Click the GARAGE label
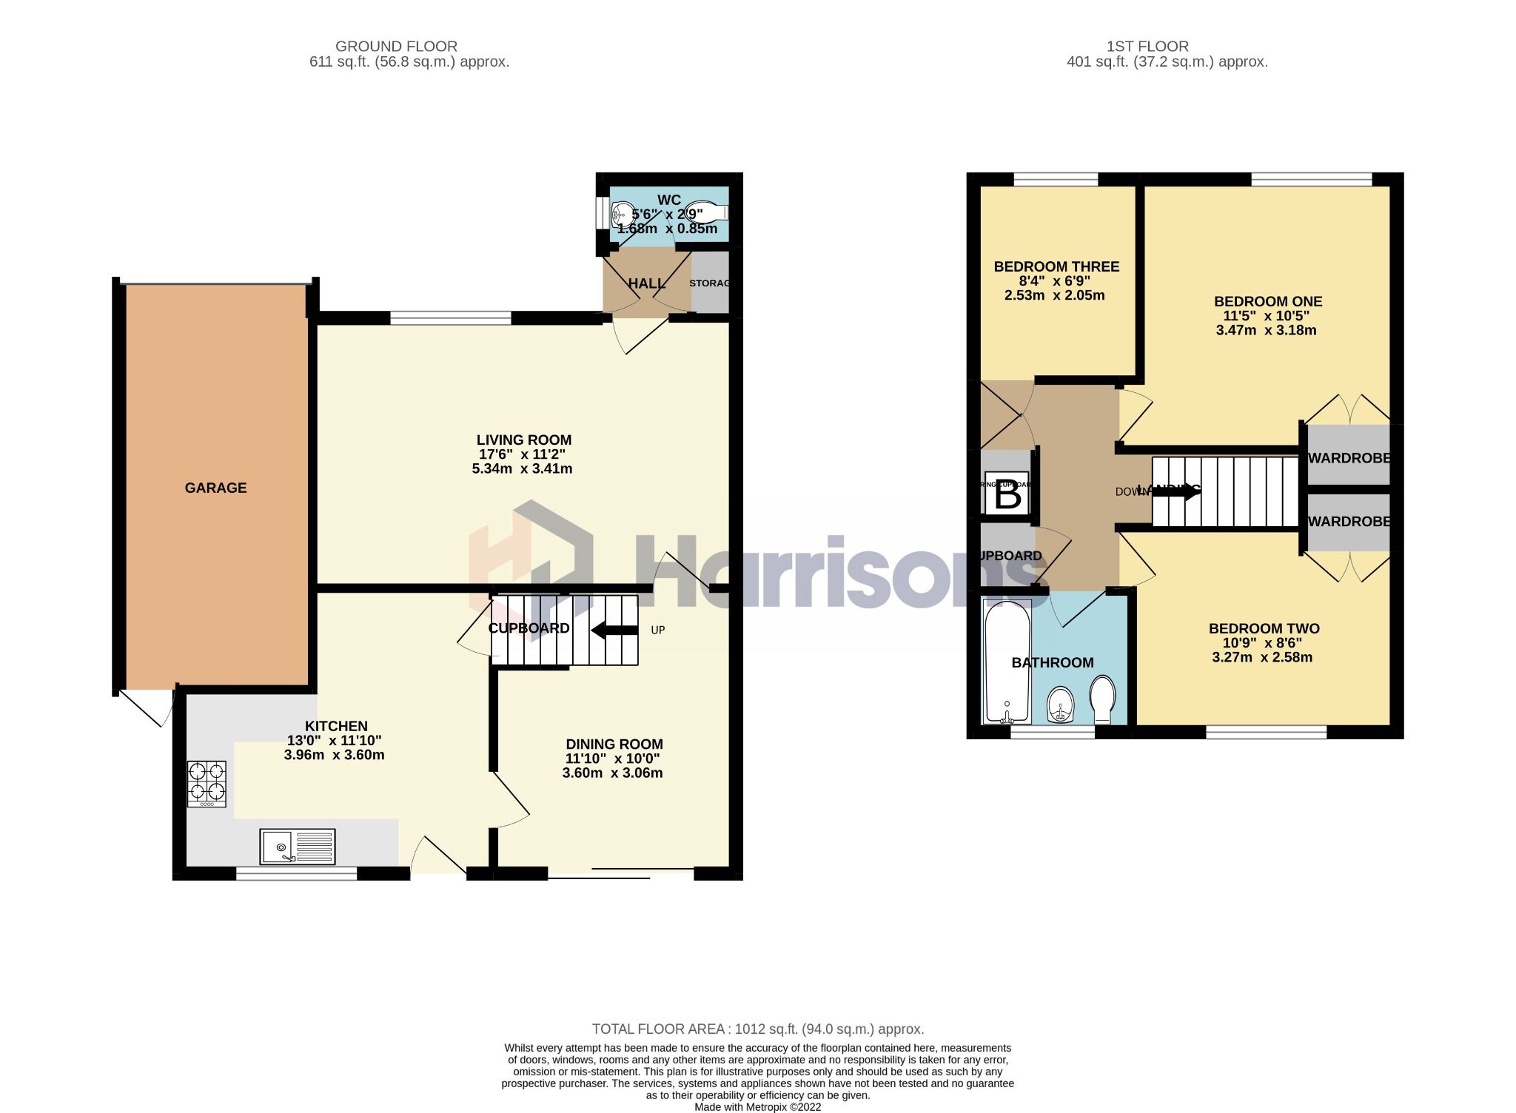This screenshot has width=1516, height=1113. (215, 488)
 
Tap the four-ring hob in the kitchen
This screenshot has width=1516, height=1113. (207, 784)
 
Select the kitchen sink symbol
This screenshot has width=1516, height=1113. (297, 847)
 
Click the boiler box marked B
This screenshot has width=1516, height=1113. (1007, 494)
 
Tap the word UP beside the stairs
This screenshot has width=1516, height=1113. (657, 631)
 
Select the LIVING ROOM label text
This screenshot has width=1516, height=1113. (523, 440)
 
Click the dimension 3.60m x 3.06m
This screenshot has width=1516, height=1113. (612, 773)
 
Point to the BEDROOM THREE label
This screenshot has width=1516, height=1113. (1056, 266)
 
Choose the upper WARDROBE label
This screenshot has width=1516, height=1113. (1348, 458)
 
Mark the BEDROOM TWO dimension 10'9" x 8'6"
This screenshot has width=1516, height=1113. (1264, 643)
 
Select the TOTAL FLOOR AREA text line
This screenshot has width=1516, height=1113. (757, 1029)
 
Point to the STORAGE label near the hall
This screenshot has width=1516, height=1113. (709, 283)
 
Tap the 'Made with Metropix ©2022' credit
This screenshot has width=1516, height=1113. (757, 1107)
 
